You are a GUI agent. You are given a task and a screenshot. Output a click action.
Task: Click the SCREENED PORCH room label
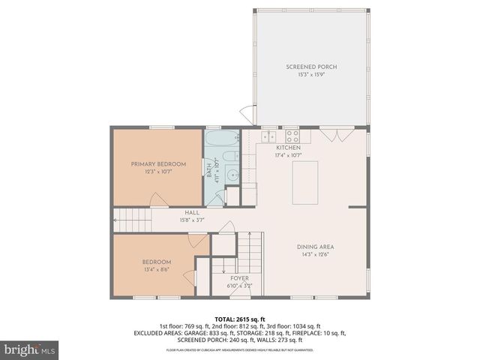pos(311,67)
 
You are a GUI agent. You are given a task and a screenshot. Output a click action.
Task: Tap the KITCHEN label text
pos(288,148)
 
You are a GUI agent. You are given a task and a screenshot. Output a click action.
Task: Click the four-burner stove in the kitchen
pos(292,136)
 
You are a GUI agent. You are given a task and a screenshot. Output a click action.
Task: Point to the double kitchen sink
pos(268,136)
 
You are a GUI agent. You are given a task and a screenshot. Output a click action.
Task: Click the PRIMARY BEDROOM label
pos(158,163)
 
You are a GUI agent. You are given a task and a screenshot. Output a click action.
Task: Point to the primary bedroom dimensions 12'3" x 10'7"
pos(158,172)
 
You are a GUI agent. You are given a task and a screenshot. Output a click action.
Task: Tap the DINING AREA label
pos(315,247)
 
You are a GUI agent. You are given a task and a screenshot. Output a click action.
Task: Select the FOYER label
pos(240,278)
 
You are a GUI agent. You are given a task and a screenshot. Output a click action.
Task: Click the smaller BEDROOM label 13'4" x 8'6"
pos(157,262)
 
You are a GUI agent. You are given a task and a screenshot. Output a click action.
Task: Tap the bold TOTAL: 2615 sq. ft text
pos(240,319)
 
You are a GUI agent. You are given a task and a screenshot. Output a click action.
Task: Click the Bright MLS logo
pos(30,349)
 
